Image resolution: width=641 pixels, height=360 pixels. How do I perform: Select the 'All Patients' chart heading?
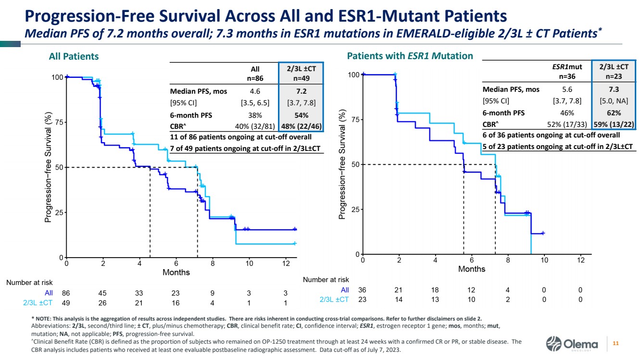point(74,56)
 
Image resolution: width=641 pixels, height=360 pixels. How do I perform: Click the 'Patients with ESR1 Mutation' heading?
point(410,56)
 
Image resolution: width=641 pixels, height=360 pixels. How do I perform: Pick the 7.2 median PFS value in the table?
point(302,91)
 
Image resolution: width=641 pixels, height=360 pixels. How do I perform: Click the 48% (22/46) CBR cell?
point(302,127)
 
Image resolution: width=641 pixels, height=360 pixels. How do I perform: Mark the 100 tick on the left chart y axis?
point(57,77)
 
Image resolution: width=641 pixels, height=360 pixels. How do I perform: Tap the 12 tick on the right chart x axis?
point(580,260)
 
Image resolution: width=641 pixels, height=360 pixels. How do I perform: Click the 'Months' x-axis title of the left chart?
point(176,273)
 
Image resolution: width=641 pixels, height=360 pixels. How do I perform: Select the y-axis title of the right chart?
point(342,164)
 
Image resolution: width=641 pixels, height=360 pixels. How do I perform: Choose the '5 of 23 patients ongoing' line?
point(557,146)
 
